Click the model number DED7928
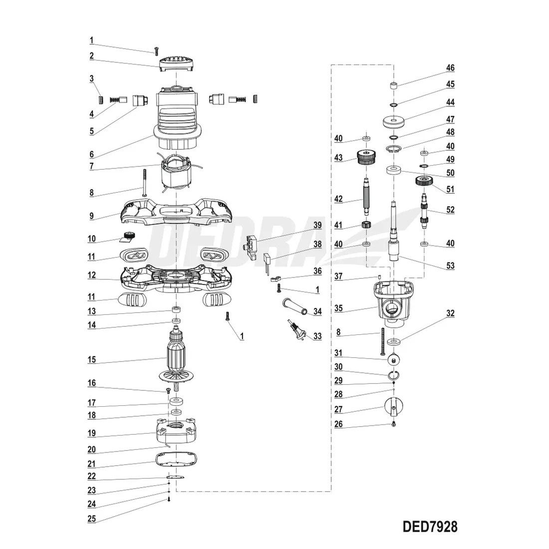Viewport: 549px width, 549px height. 430,527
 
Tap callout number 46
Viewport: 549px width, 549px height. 450,68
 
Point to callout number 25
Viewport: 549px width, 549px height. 91,519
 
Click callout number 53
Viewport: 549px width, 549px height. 450,266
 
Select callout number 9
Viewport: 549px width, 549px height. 91,216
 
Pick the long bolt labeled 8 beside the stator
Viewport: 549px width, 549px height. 145,183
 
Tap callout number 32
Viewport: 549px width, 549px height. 450,313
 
